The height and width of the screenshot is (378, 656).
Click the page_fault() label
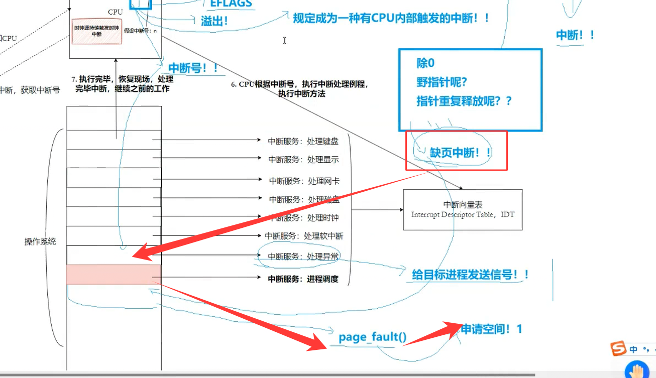coord(372,337)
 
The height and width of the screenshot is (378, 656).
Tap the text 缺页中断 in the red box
coord(460,153)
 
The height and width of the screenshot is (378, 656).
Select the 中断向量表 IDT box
coord(463,209)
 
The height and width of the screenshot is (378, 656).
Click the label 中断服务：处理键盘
coord(303,142)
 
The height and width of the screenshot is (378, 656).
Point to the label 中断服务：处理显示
coord(303,160)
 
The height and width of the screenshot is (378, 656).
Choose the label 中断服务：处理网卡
coord(304,181)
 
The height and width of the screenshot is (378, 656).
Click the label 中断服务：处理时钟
coord(304,218)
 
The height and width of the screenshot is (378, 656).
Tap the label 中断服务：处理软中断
coord(304,236)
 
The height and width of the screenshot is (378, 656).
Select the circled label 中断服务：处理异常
coord(303,257)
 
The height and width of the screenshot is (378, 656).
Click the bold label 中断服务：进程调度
coord(303,279)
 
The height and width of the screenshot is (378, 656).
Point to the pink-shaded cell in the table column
coord(114,274)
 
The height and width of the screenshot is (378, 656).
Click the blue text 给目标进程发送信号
coord(470,275)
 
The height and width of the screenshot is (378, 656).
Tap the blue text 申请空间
coord(491,329)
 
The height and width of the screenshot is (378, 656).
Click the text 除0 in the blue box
coord(425,63)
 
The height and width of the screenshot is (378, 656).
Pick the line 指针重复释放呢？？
coord(464,100)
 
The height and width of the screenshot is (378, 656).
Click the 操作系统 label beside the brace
coord(40,241)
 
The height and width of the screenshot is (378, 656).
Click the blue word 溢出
coord(214,21)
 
